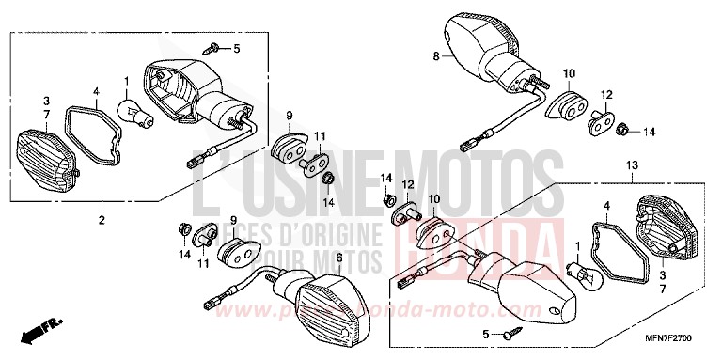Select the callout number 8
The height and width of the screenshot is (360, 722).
click(x=435, y=57)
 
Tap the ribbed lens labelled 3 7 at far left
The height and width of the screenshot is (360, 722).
click(x=44, y=155)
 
